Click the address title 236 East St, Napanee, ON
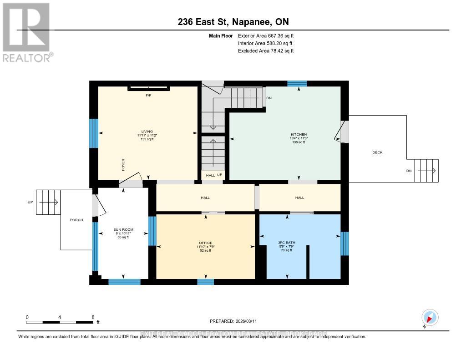233,22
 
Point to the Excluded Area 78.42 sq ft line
266,51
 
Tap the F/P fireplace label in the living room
148,96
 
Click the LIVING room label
147,132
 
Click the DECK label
377,152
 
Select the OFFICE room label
206,243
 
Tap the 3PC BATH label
287,243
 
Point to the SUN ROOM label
123,230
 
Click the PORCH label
76,220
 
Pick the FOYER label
123,164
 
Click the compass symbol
430,317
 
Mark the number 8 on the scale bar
93,317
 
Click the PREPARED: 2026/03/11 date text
233,321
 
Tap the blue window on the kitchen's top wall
297,83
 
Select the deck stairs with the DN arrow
426,171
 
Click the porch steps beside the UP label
48,202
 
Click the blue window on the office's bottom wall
205,282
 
